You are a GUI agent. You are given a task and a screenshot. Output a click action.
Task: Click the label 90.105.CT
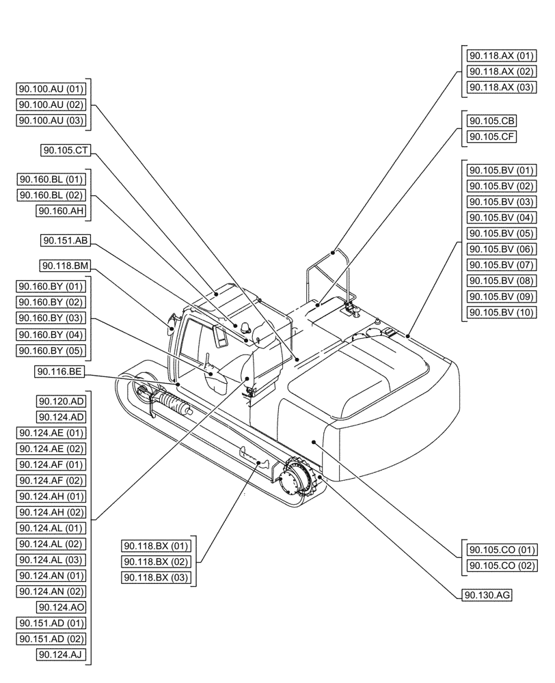pyautogui.click(x=66, y=151)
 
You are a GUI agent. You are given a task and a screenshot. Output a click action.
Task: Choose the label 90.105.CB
pyautogui.click(x=491, y=121)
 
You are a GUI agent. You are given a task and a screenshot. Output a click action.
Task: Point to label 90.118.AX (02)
pyautogui.click(x=500, y=71)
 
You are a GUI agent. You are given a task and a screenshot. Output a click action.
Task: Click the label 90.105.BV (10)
pyautogui.click(x=500, y=313)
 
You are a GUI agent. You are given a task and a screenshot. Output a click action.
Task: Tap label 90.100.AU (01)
pyautogui.click(x=51, y=88)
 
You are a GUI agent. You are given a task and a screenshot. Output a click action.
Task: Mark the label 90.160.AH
pyautogui.click(x=61, y=211)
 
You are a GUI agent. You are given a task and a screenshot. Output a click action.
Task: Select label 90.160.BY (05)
pyautogui.click(x=51, y=350)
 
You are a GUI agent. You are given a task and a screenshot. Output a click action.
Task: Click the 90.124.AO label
pyautogui.click(x=61, y=607)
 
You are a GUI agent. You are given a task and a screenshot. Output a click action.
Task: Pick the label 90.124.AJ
pyautogui.click(x=61, y=655)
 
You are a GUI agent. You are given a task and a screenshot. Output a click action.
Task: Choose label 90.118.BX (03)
pyautogui.click(x=156, y=578)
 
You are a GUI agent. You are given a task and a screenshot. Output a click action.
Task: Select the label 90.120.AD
pyautogui.click(x=61, y=401)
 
